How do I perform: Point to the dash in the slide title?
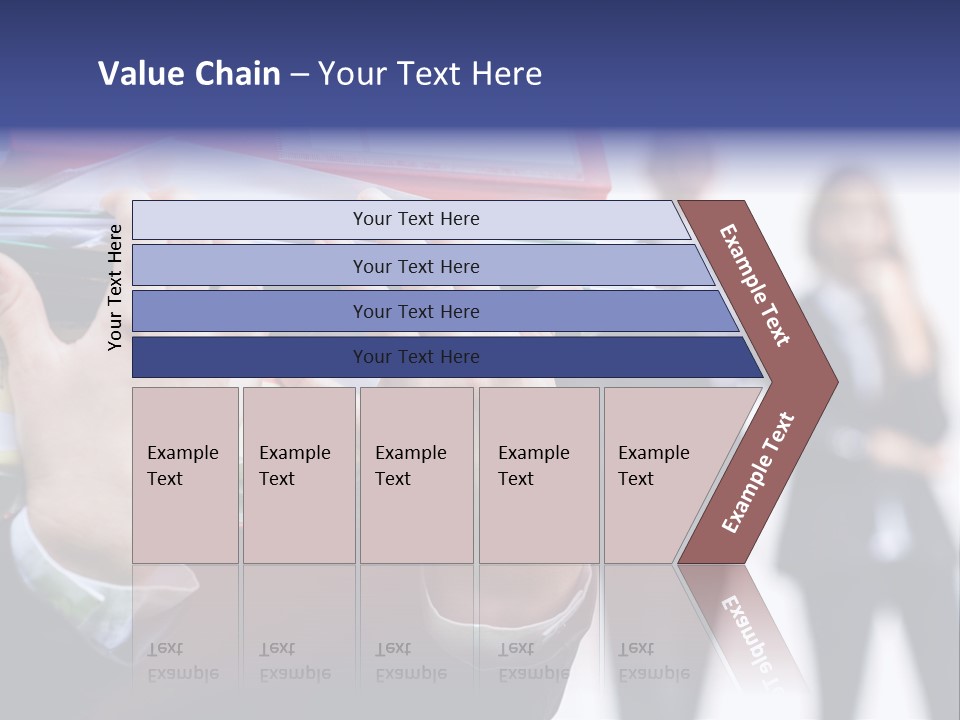299,75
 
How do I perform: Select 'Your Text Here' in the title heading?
430,74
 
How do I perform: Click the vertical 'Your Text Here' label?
115,287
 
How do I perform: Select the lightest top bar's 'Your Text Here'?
416,219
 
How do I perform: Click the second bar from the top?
416,266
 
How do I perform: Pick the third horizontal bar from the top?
416,311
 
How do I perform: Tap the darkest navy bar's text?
416,357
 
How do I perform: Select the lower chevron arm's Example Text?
758,473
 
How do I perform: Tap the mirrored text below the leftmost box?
183,661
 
